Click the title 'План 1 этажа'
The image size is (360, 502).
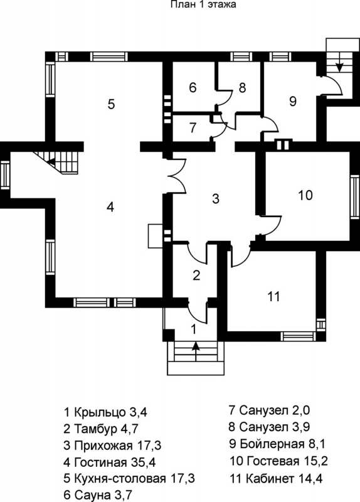(204, 4)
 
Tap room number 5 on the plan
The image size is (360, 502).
(111, 104)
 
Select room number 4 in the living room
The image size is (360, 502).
(110, 208)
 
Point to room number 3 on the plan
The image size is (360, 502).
(216, 198)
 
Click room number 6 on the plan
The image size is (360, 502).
(193, 87)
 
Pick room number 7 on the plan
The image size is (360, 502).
(193, 128)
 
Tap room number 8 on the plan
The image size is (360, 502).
(242, 87)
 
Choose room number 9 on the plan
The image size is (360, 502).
(292, 101)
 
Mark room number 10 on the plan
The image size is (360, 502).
(305, 195)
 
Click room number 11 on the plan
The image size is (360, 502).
(274, 296)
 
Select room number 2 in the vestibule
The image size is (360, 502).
(196, 275)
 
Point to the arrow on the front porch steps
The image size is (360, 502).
(196, 350)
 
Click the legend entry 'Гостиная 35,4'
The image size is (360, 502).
(110, 462)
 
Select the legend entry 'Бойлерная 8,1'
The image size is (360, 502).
(277, 444)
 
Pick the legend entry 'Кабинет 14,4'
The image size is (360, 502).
(276, 479)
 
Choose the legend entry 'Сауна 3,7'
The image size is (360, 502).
(98, 495)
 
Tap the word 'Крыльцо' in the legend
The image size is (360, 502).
(100, 413)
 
